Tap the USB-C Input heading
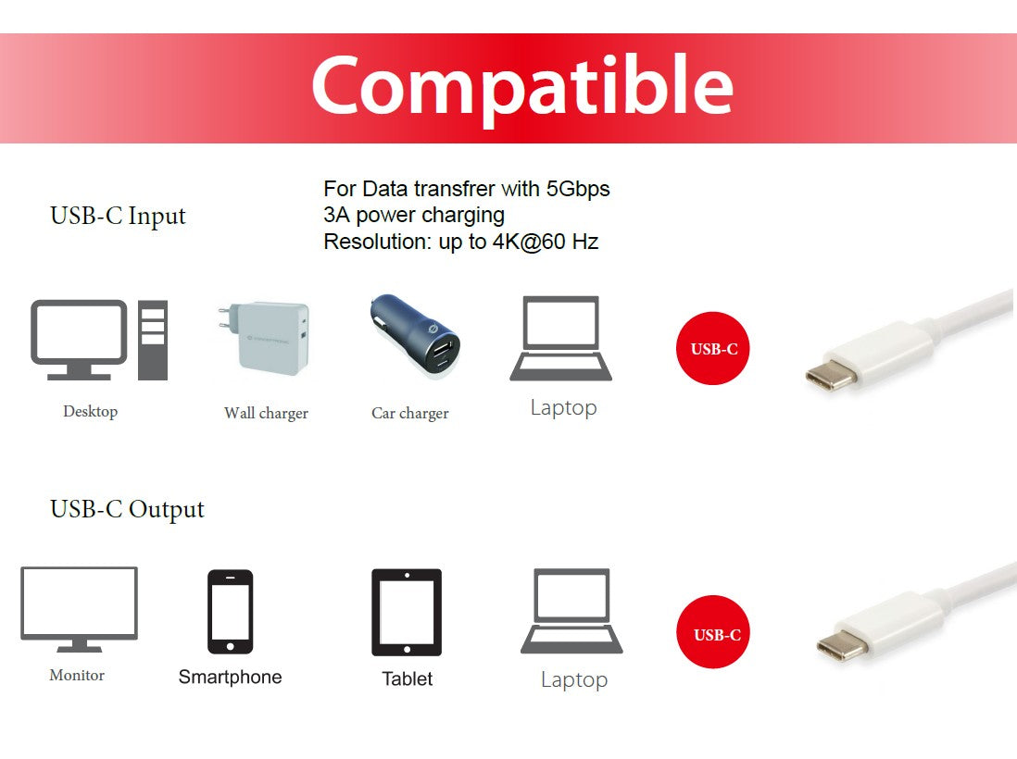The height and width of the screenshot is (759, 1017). click(118, 217)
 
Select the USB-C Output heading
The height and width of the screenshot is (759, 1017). click(127, 509)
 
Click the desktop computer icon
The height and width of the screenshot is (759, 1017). click(99, 339)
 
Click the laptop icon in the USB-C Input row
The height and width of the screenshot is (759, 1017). click(561, 339)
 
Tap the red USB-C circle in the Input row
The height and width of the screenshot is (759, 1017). click(713, 349)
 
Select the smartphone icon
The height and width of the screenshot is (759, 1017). click(230, 612)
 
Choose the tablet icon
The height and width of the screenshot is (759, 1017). click(407, 612)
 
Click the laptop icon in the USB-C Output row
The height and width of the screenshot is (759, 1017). click(571, 611)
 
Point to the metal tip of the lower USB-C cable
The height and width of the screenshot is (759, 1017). click(835, 646)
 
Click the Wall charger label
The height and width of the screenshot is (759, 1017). click(266, 413)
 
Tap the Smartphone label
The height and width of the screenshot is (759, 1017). click(230, 677)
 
